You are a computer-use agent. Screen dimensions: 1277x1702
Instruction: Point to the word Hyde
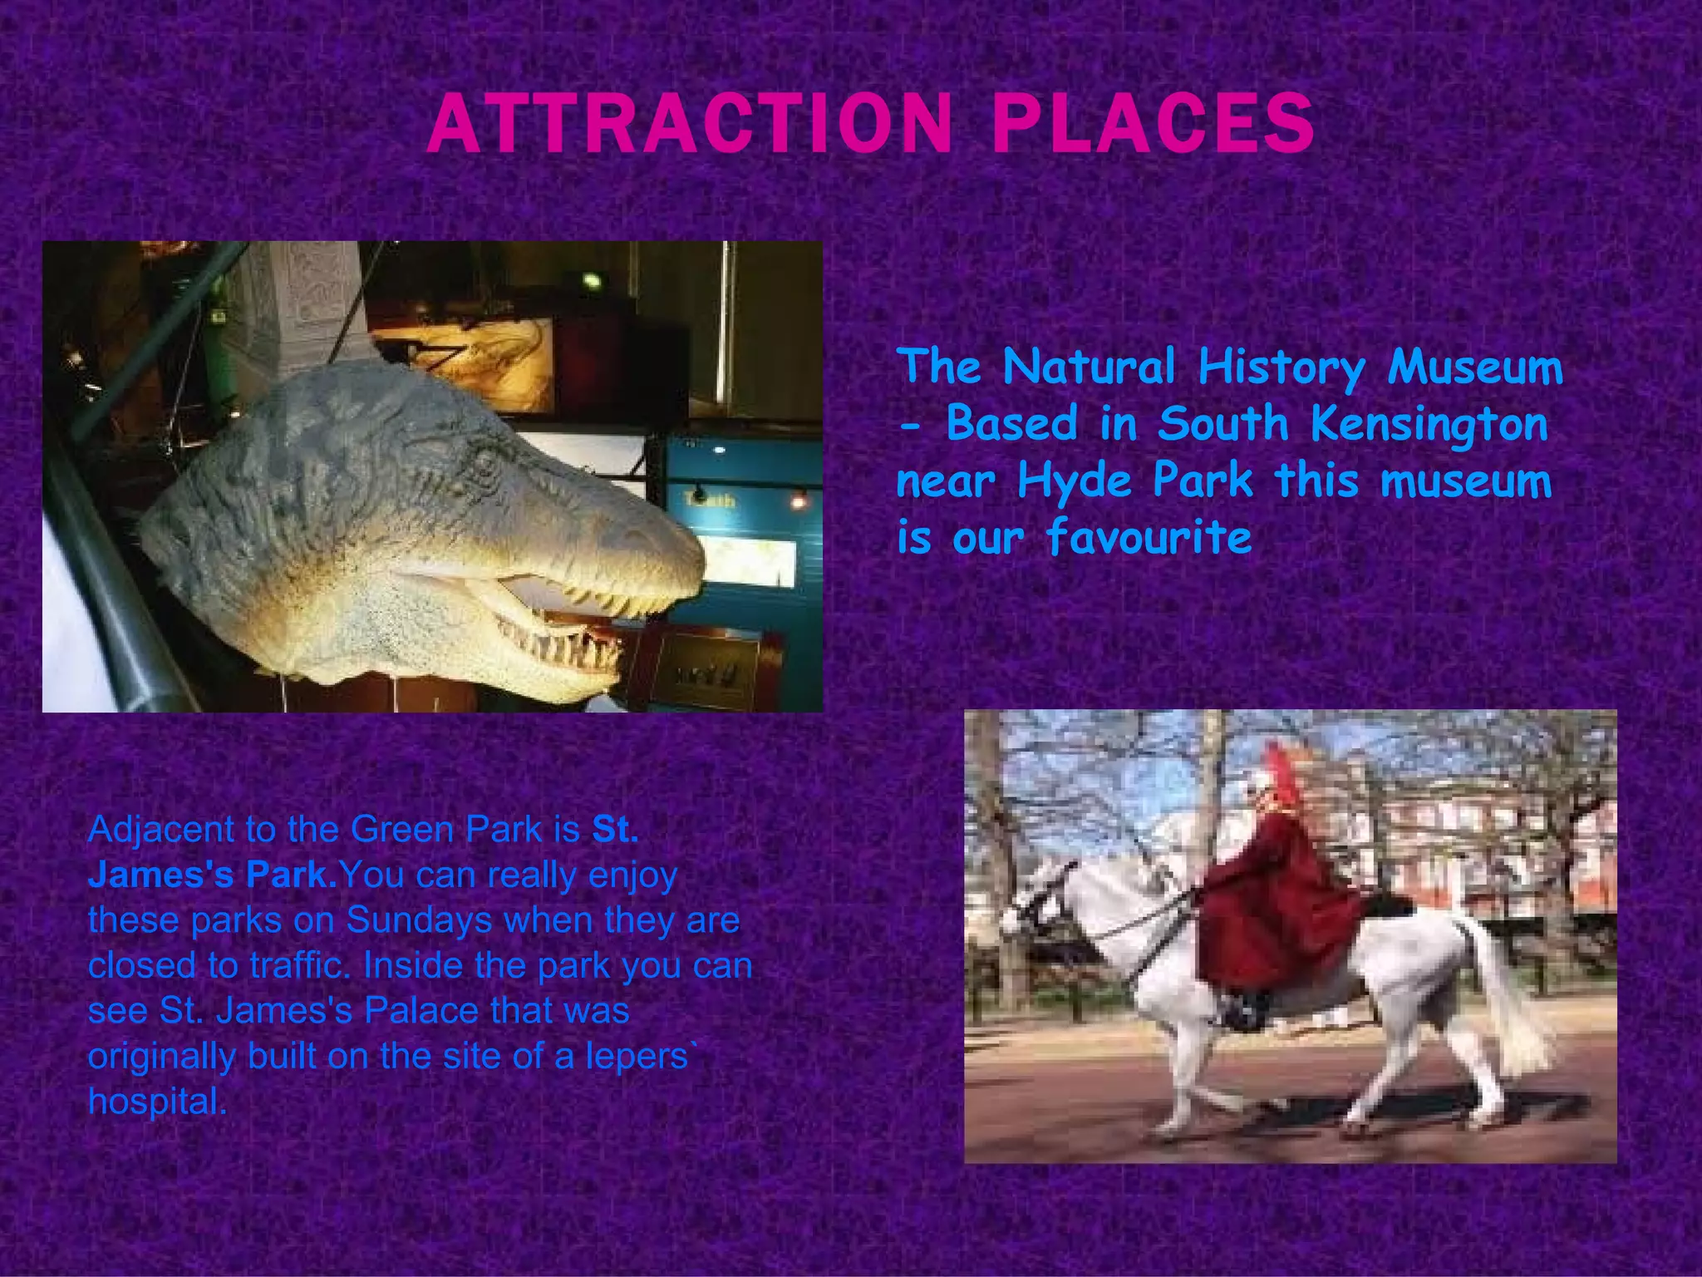tap(1075, 481)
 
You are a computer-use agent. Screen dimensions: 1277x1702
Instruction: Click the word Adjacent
tap(160, 831)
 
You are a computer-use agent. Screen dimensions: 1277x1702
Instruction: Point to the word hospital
tap(156, 1102)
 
